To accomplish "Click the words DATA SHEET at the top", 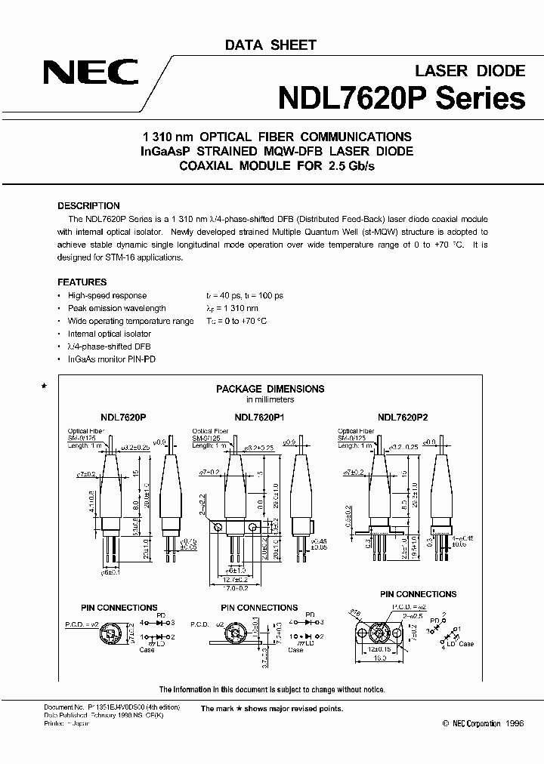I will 270,46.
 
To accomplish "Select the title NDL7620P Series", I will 401,98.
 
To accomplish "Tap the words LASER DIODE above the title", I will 470,70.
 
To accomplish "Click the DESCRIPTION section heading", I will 88,205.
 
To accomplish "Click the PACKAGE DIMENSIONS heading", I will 270,389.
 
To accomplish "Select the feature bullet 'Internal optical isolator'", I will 109,334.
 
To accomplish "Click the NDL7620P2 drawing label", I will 403,416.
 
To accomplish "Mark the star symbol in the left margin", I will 44,386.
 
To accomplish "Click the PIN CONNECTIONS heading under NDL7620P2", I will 418,594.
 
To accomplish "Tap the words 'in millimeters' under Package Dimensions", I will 270,399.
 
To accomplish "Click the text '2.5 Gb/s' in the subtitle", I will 352,165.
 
